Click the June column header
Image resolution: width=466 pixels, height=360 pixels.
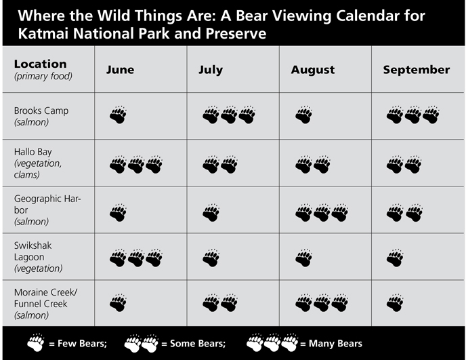[120, 70]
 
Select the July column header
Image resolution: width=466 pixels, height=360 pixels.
[210, 70]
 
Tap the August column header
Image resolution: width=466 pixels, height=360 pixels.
[313, 70]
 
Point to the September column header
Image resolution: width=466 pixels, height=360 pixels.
[416, 70]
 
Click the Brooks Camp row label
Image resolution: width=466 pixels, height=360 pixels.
[41, 111]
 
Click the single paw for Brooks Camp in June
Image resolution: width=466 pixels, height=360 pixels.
[118, 115]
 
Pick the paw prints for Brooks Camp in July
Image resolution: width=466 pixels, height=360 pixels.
[229, 115]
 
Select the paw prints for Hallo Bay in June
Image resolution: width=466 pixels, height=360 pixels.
[136, 164]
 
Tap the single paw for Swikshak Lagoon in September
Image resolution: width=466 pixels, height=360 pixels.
[396, 258]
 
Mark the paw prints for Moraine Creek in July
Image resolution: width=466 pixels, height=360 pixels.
[220, 302]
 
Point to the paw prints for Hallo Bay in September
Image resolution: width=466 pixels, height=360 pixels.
[404, 164]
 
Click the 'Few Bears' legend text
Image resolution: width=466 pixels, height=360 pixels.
[77, 344]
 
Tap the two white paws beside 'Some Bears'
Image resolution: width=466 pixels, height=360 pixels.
[141, 343]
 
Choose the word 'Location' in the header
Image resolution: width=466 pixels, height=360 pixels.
[40, 64]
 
